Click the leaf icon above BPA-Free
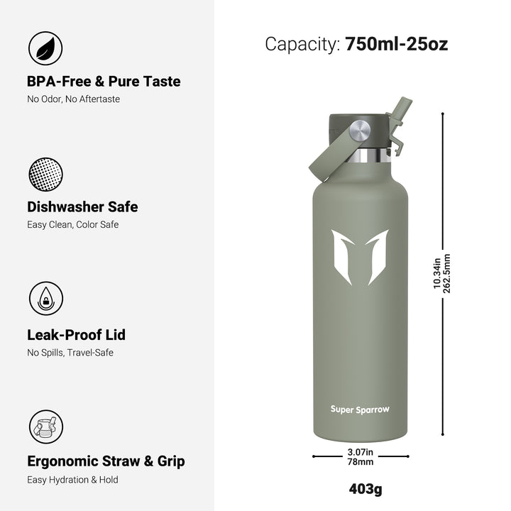pyautogui.click(x=45, y=48)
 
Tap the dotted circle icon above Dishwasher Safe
pyautogui.click(x=45, y=175)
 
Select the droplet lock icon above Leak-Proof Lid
pyautogui.click(x=46, y=298)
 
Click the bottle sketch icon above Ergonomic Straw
pyautogui.click(x=46, y=427)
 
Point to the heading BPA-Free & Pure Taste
pyautogui.click(x=104, y=82)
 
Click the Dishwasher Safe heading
pyautogui.click(x=82, y=207)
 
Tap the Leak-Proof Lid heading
pyautogui.click(x=76, y=335)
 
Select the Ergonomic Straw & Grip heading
pyautogui.click(x=106, y=461)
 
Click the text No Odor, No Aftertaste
pyautogui.click(x=73, y=99)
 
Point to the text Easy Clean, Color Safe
pyautogui.click(x=72, y=225)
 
